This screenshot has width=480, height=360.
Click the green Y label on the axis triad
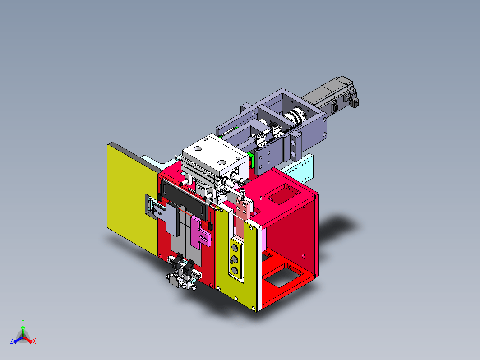coord(23,321)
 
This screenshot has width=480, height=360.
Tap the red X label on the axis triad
coord(34,341)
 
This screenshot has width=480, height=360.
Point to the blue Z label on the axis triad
coord(12,341)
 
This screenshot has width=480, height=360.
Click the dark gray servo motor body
coord(331,95)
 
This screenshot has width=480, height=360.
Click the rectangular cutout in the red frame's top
coord(282,194)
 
